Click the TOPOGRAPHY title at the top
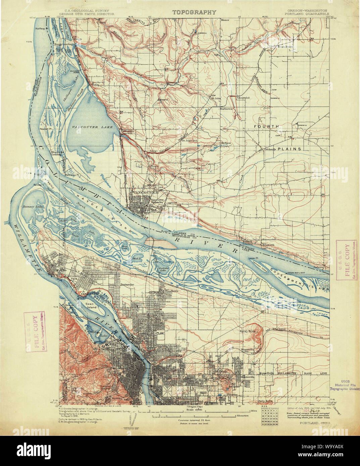click(x=194, y=12)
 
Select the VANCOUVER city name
click(x=145, y=193)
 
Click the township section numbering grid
click(x=268, y=417)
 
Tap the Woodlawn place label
click(x=171, y=291)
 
